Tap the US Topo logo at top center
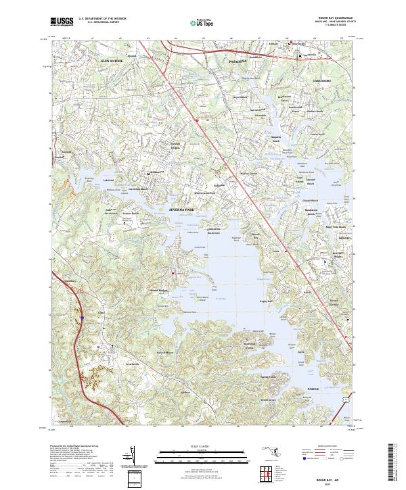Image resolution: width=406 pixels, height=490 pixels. point(204,21)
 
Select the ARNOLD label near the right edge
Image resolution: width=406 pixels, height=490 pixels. point(344,239)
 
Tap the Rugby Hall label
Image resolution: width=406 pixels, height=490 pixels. point(265,301)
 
